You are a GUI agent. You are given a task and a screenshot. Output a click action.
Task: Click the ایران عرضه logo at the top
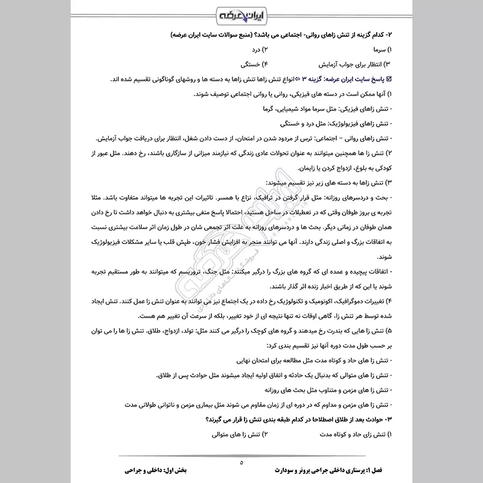pos(241,14)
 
